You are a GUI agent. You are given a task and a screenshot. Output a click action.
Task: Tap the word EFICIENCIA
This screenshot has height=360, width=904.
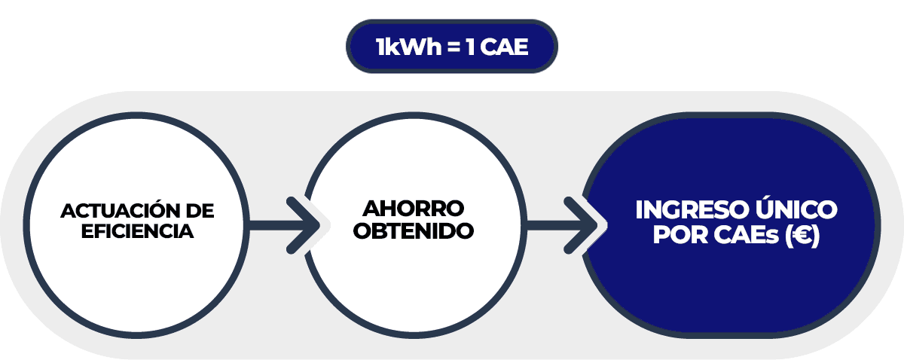coord(137,231)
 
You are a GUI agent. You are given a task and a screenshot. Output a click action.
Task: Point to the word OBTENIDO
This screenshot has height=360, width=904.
coord(414,230)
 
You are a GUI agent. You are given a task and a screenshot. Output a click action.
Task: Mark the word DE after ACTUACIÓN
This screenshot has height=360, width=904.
coord(200,210)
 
